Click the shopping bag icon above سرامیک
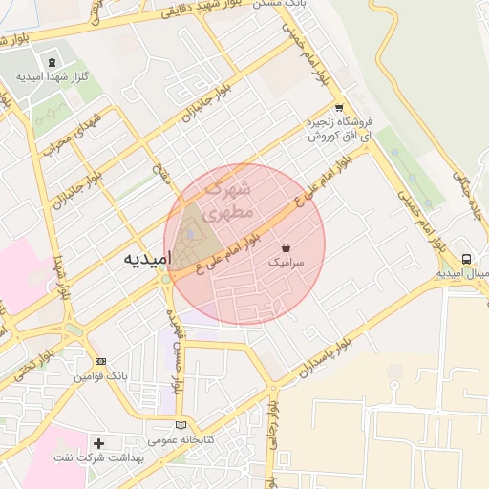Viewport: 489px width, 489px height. [287, 246]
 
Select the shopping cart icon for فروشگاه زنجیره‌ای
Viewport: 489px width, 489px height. [339, 108]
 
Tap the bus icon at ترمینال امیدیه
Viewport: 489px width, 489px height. [466, 259]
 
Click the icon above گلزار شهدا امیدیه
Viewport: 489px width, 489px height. [52, 62]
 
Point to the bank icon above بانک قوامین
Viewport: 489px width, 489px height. [101, 362]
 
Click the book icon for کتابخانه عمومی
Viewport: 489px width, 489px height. [182, 424]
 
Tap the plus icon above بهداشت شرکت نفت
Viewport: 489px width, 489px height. [99, 443]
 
